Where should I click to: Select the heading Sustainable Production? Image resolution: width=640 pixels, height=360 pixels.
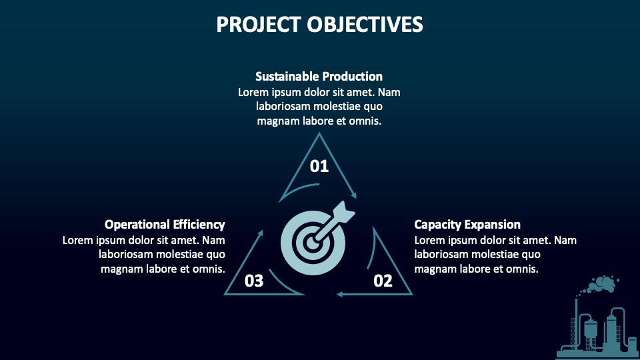[x=319, y=76]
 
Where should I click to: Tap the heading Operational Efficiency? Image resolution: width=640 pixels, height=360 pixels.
[x=165, y=224]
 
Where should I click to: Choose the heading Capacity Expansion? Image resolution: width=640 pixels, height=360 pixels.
[x=467, y=224]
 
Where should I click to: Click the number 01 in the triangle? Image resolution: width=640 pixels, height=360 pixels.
[x=319, y=166]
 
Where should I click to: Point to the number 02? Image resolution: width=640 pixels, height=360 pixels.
[x=383, y=281]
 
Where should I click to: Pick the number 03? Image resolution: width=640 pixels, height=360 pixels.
[x=254, y=281]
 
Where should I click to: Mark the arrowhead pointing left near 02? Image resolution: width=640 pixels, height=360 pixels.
[x=339, y=293]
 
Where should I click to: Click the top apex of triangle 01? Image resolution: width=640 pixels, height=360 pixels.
[x=319, y=134]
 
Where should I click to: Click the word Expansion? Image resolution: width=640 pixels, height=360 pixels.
[x=491, y=224]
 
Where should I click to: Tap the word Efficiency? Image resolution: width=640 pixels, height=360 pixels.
[x=199, y=224]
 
